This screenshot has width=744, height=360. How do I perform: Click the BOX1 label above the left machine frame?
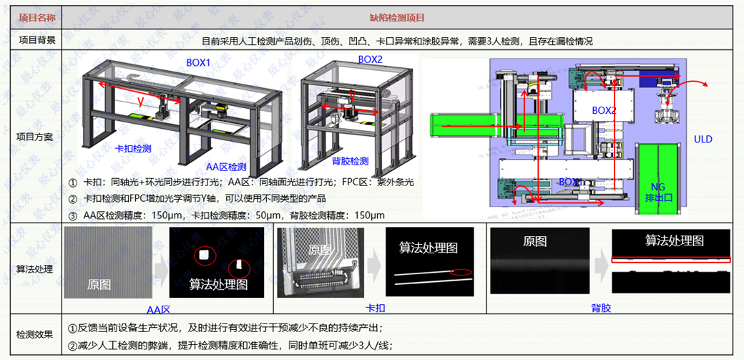click(198, 62)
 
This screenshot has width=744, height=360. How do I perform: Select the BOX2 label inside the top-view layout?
click(604, 110)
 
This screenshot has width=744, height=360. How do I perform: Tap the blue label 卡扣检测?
click(133, 148)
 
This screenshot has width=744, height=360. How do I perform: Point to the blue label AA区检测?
click(227, 166)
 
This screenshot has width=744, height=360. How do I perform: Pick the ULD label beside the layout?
click(703, 139)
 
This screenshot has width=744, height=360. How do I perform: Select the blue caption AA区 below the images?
click(158, 309)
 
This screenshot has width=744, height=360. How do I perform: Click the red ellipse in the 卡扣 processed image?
click(461, 271)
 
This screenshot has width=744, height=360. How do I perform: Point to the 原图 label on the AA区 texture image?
click(99, 284)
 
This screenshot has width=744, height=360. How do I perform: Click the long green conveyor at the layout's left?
click(472, 125)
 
